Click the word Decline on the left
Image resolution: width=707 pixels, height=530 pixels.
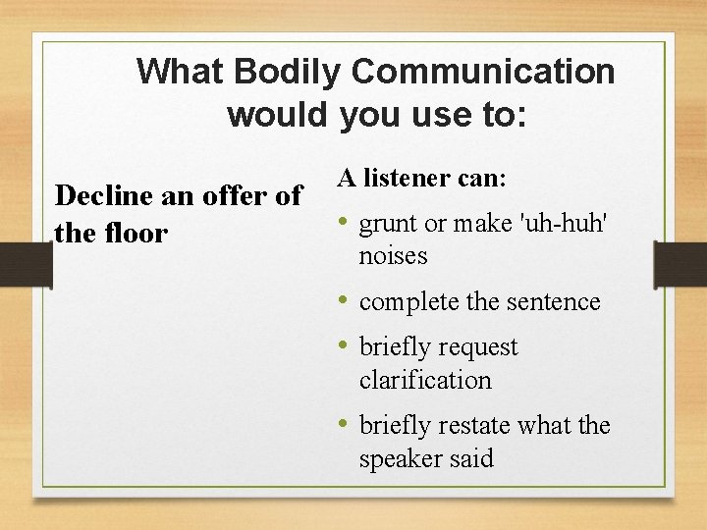101,195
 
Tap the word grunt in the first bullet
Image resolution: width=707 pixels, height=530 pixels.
391,225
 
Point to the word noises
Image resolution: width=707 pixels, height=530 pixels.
393,256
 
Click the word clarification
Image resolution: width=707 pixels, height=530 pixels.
425,380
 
